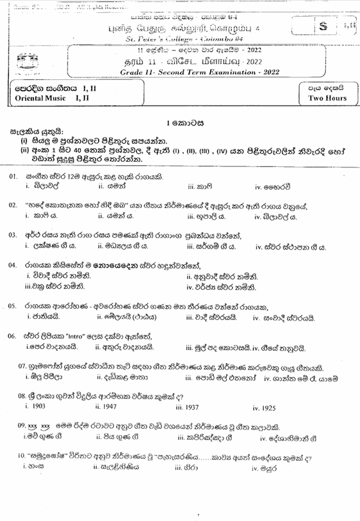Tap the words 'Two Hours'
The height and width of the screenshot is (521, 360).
click(327, 98)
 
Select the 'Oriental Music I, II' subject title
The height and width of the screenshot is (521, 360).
click(49, 99)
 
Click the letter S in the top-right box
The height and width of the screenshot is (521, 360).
click(323, 26)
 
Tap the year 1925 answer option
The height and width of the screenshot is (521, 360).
click(263, 408)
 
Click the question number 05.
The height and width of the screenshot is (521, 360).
click(13, 307)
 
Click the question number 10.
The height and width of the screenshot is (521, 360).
click(22, 456)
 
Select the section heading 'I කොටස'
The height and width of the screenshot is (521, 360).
click(179, 122)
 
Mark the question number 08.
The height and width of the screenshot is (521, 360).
click(22, 396)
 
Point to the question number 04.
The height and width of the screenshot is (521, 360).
click(13, 265)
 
